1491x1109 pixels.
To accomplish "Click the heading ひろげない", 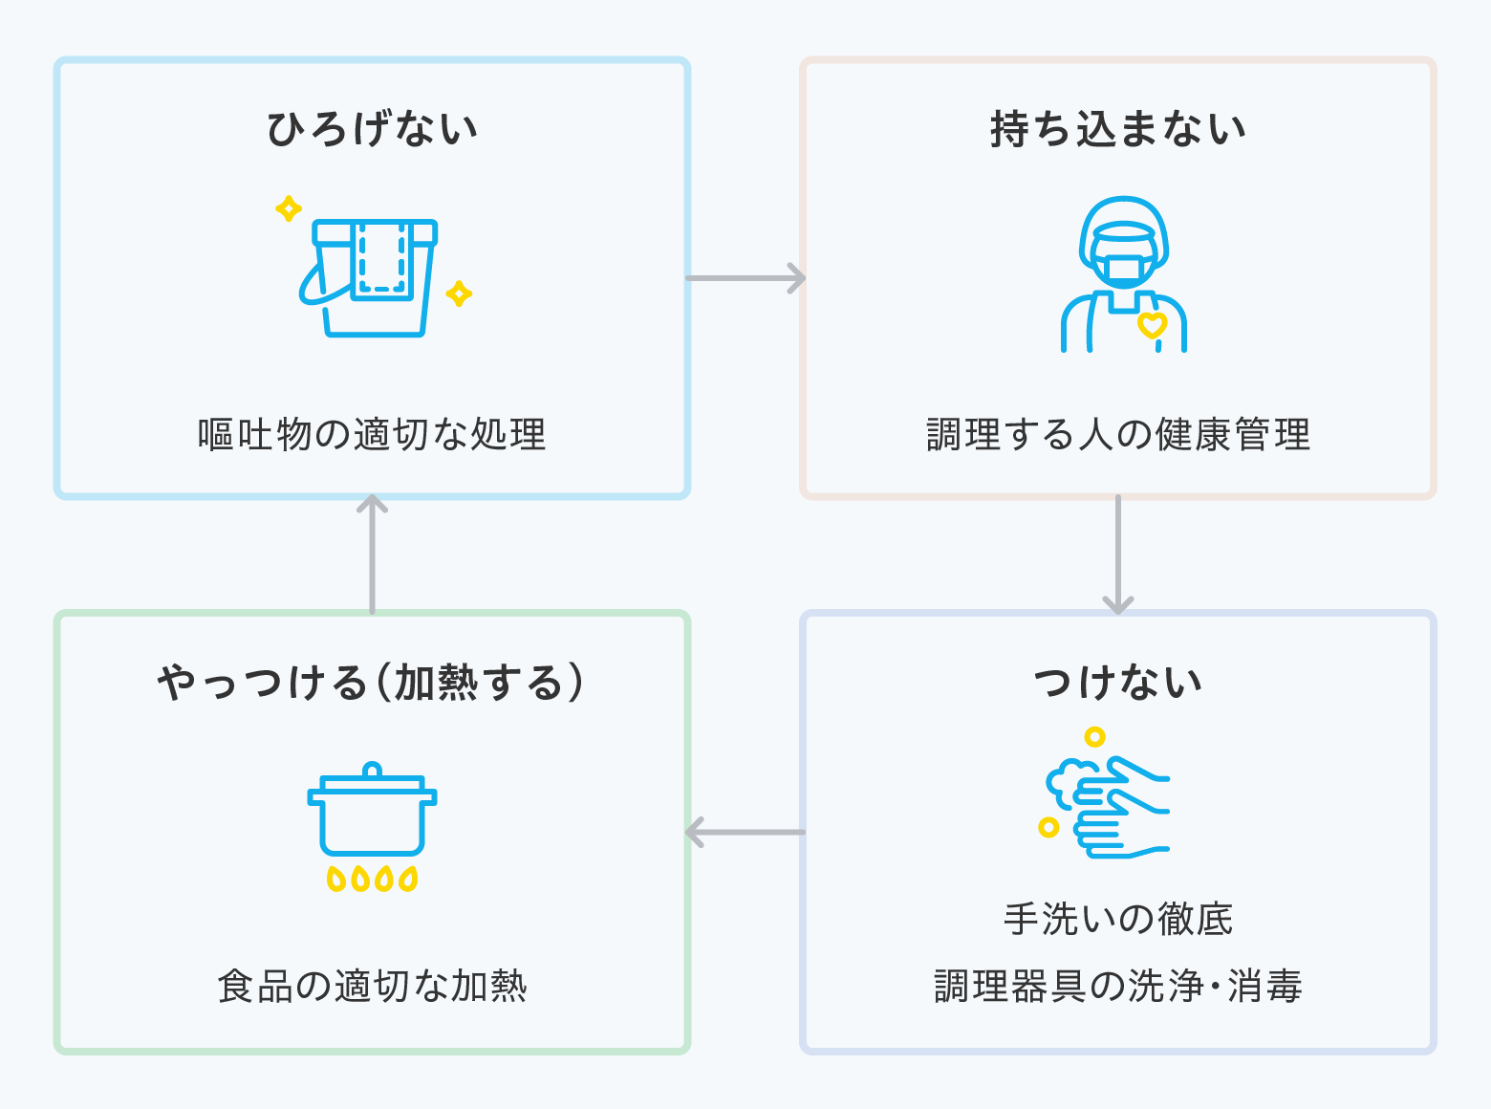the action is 372,129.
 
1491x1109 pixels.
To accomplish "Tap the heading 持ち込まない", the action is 1118,129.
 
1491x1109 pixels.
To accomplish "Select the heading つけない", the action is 1118,683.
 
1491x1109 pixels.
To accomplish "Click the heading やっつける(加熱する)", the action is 371,683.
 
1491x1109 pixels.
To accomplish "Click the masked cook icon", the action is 1123,274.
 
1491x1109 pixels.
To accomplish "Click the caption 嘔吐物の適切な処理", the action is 372,434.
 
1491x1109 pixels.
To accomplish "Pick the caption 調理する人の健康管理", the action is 1118,434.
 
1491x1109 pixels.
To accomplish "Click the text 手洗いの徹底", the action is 1118,920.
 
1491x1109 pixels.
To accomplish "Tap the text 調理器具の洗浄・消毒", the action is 1118,987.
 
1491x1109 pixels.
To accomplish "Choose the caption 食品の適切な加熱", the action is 372,987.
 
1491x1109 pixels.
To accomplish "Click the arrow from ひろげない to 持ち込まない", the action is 745,278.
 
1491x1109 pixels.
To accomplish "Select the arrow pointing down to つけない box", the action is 1118,554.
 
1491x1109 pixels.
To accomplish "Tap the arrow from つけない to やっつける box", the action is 745,833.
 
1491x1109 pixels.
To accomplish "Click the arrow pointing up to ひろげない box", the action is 372,554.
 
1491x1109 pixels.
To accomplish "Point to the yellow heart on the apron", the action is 1153,325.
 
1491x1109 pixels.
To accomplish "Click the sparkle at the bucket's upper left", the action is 289,208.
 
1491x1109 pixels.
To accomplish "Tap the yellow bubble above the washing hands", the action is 1094,737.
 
